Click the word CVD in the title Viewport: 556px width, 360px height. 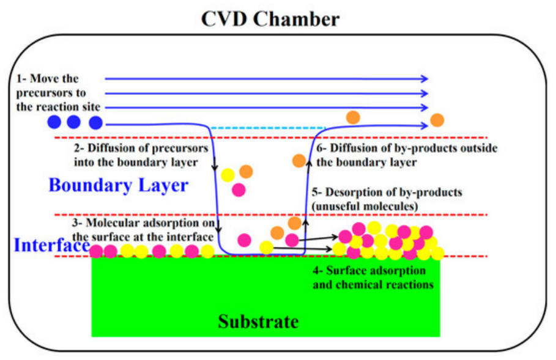coord(224,18)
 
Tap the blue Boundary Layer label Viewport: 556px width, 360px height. coord(118,186)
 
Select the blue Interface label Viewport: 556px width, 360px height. coord(51,245)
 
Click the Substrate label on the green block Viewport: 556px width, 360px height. coord(258,321)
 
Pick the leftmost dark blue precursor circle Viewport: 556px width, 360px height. coord(54,122)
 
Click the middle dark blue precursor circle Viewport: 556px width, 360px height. coord(74,122)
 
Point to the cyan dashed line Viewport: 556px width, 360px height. coord(268,128)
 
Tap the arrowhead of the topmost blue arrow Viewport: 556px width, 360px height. coord(425,79)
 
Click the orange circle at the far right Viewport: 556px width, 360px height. coord(437,120)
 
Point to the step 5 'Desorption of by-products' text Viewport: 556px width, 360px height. coord(387,193)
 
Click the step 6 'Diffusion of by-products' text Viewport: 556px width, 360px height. coord(407,148)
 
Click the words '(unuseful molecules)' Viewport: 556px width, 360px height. coord(365,206)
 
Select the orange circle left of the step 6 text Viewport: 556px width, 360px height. coord(299,161)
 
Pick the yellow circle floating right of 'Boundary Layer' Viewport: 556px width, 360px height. coord(228,175)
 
